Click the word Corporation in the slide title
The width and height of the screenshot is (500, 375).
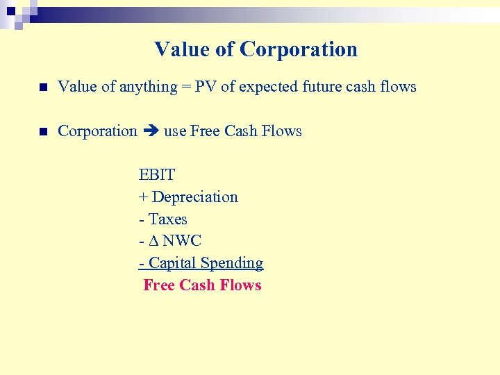(299, 49)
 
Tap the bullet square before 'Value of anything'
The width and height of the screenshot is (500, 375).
(43, 87)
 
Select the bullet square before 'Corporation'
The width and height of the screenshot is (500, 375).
(43, 131)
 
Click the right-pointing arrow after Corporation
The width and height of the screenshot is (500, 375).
(151, 131)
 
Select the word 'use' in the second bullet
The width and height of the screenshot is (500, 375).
(175, 131)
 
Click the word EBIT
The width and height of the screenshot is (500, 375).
(157, 175)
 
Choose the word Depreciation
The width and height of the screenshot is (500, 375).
(195, 197)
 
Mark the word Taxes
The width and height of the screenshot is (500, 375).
(168, 219)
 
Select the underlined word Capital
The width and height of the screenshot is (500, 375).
(173, 263)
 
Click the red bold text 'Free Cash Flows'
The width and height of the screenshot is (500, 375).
(202, 285)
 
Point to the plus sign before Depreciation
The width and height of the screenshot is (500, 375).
(143, 197)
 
